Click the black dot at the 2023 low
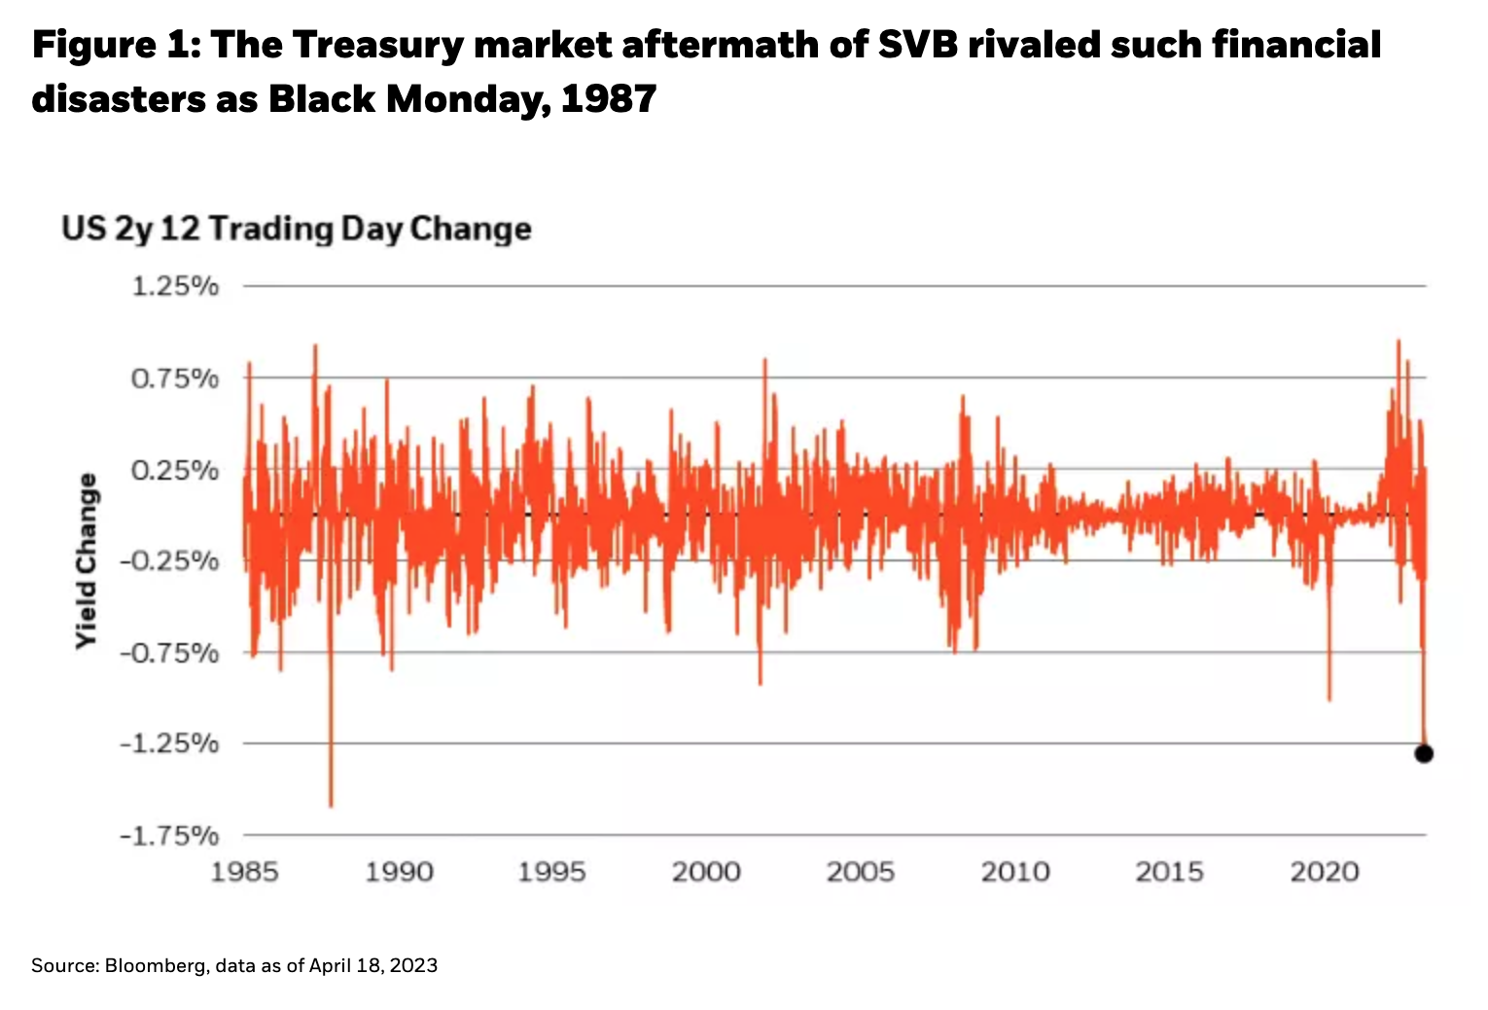coord(1424,753)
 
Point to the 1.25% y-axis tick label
coord(175,286)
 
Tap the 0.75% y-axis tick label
coord(175,378)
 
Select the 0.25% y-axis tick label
coord(175,470)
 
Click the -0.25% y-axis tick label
coord(170,560)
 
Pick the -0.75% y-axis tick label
coord(170,652)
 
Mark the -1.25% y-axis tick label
coord(170,743)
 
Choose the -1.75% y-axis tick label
coord(170,835)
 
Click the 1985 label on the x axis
coord(244,871)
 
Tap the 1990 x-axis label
coord(399,871)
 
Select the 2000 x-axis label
coord(706,871)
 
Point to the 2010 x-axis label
coord(1015,871)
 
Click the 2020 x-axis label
coord(1324,871)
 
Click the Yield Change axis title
coord(88,560)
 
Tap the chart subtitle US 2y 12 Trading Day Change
coord(297,229)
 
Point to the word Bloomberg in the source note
coord(154,965)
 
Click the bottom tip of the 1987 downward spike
coord(331,806)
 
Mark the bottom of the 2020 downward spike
coord(1329,699)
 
